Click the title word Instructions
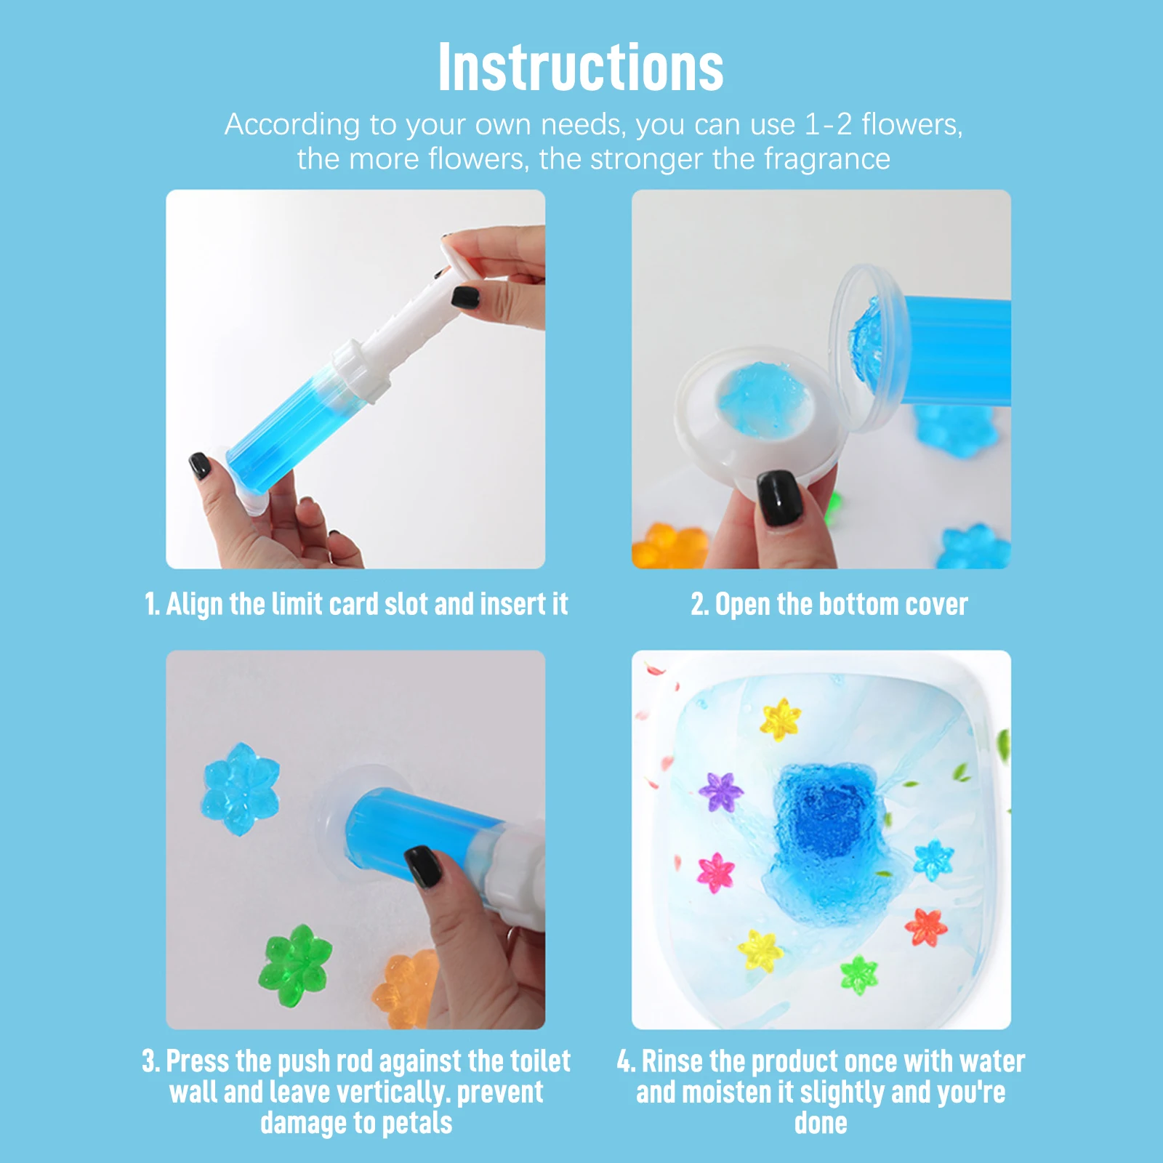pos(581,68)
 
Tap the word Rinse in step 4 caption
pos(672,1062)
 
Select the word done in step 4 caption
pos(821,1123)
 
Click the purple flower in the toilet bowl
pos(720,792)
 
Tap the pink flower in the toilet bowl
pos(716,872)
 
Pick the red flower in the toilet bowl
pos(926,927)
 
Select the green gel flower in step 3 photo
pos(295,965)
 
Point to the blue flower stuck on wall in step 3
pos(241,789)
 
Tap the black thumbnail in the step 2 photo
pos(778,497)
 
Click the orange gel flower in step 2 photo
pos(669,545)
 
